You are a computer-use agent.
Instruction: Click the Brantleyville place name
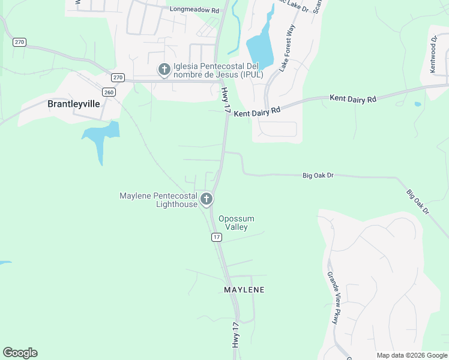(73, 103)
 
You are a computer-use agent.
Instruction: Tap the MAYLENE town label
(244, 290)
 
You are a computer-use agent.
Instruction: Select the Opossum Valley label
(236, 223)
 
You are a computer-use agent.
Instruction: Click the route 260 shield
(109, 92)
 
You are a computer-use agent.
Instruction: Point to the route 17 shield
(217, 238)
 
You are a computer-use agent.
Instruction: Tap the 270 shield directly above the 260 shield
(118, 77)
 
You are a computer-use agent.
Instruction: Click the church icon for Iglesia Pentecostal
(164, 70)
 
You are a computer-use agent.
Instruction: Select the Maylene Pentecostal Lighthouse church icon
(206, 199)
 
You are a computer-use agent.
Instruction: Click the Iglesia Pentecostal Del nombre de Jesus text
(218, 70)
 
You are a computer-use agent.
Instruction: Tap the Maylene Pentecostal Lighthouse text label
(158, 200)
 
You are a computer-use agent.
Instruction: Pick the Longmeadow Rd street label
(194, 10)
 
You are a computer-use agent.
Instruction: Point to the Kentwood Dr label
(433, 55)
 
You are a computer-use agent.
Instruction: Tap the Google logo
(20, 353)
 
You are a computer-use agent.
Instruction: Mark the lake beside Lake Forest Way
(259, 48)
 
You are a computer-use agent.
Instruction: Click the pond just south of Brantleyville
(100, 137)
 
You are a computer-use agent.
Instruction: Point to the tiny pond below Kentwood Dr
(418, 104)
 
